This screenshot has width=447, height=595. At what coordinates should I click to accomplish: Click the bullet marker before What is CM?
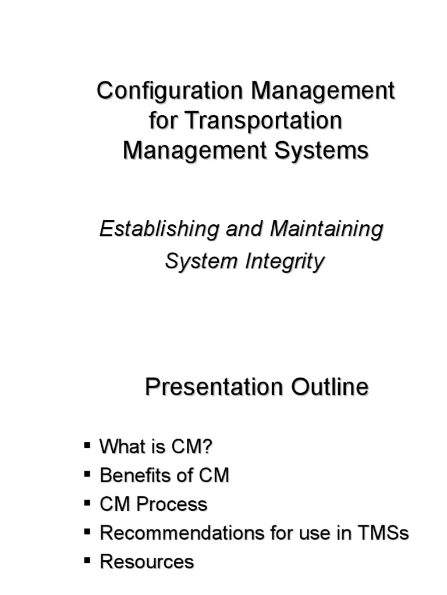point(87,446)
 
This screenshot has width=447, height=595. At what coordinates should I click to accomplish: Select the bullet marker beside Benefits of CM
point(87,474)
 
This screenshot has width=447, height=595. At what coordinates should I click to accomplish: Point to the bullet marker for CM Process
point(87,503)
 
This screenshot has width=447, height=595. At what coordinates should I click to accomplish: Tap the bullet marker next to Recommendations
point(87,531)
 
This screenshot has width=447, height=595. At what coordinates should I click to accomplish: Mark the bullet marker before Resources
point(87,560)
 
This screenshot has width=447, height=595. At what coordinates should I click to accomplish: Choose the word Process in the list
point(172,504)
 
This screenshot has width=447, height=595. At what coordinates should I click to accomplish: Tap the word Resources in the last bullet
point(147,562)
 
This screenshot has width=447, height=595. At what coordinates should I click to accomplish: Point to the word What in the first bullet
point(119,447)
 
